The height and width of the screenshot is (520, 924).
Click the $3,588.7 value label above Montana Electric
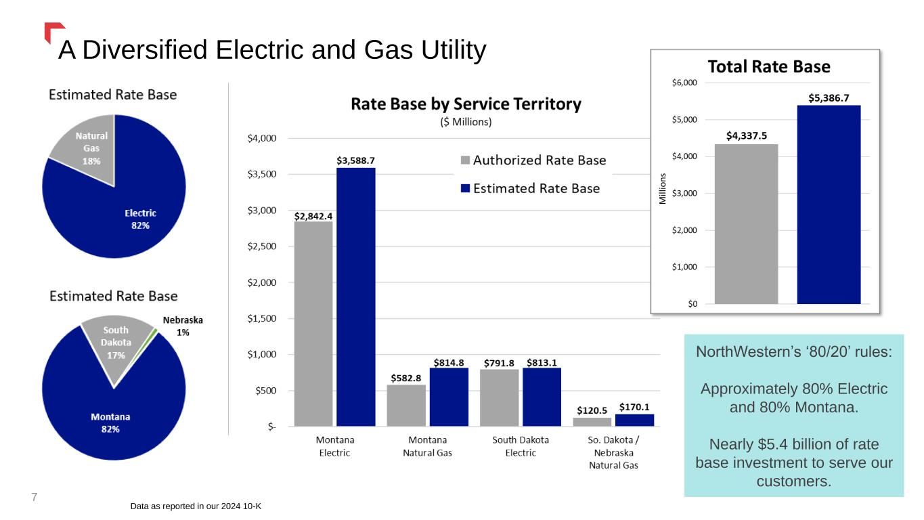click(x=355, y=160)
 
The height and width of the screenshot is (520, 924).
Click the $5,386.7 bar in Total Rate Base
click(x=829, y=204)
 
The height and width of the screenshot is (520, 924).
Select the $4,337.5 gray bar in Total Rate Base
click(x=746, y=223)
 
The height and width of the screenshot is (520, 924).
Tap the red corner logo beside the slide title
click(x=53, y=32)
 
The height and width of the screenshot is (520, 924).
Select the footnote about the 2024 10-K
click(x=203, y=506)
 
